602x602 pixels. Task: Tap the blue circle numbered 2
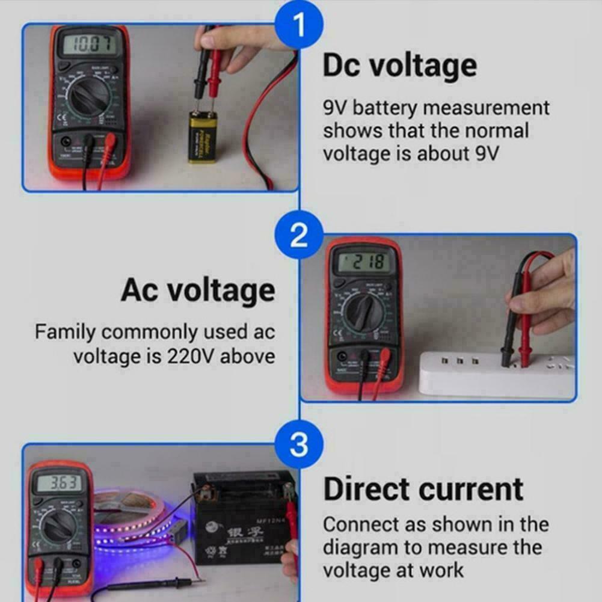tap(299, 236)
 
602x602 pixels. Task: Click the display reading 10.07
tap(88, 44)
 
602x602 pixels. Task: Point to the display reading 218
tap(362, 262)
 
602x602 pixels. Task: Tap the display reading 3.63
tap(58, 484)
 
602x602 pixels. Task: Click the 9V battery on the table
tap(204, 137)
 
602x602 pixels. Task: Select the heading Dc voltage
tap(400, 66)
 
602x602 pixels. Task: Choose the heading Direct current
tap(423, 489)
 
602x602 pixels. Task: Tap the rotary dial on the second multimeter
tap(361, 316)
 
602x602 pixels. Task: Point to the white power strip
tap(496, 373)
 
